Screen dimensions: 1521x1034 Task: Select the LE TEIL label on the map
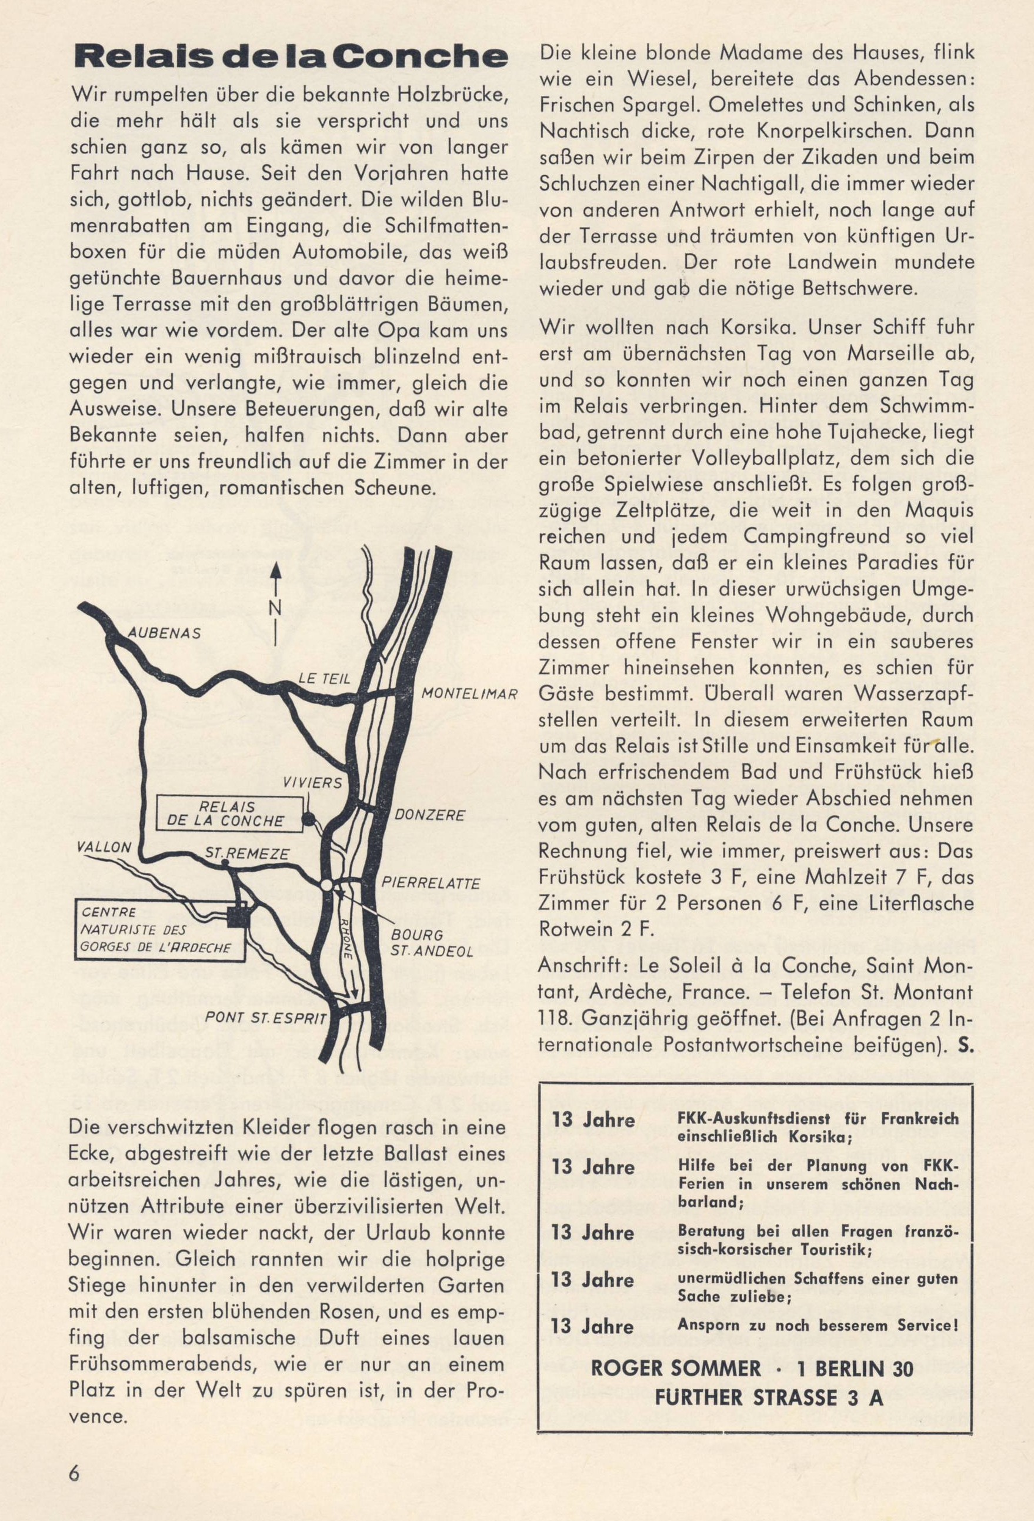pos(325,679)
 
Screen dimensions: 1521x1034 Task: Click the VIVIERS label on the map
pos(312,783)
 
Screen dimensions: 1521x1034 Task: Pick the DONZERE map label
pos(429,815)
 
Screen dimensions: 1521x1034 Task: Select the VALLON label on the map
pos(104,846)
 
